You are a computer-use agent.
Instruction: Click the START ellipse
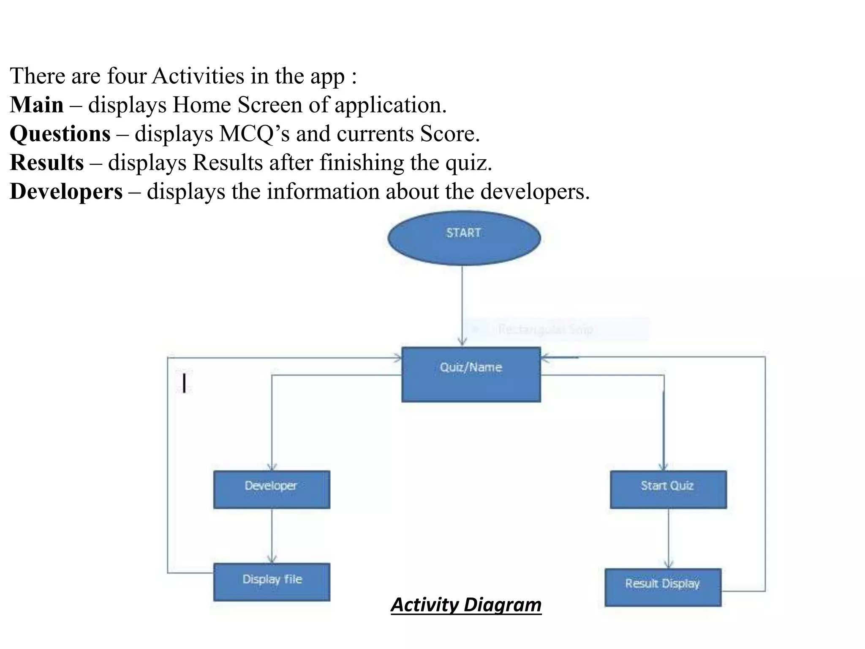pos(464,238)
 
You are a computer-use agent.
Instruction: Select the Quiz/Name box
pos(471,374)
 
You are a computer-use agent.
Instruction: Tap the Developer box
pos(272,489)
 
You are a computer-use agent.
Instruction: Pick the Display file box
pos(272,582)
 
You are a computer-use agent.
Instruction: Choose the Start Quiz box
pos(668,489)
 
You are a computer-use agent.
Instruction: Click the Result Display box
pos(663,587)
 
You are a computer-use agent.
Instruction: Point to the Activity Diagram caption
pos(466,605)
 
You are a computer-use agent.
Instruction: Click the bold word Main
pos(37,105)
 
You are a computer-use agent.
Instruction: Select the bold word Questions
pos(60,134)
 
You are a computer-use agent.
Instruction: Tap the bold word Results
pos(47,163)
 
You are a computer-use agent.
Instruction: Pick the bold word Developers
pos(66,191)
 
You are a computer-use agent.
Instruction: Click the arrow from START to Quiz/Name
pos(462,304)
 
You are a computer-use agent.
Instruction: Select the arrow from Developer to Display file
pos(272,536)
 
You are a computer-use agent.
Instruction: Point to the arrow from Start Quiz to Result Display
pos(668,538)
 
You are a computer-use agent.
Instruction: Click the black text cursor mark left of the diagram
pos(184,382)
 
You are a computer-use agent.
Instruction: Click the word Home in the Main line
pos(201,105)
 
